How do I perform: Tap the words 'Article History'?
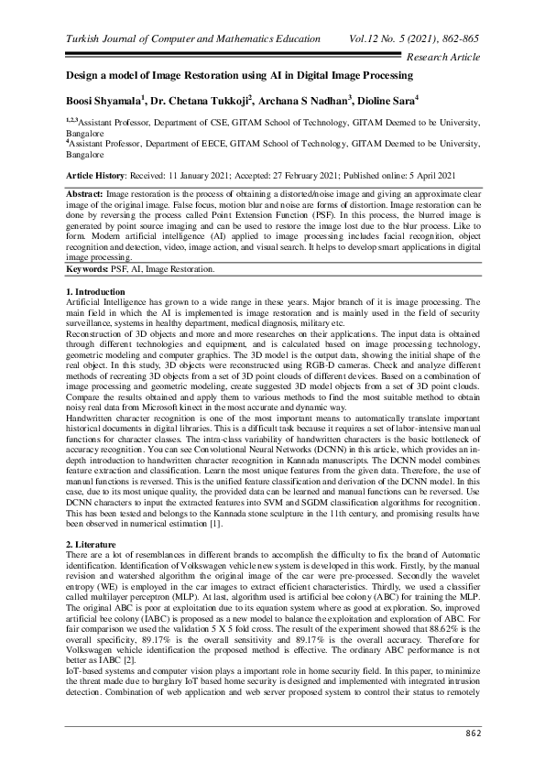click(x=95, y=173)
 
